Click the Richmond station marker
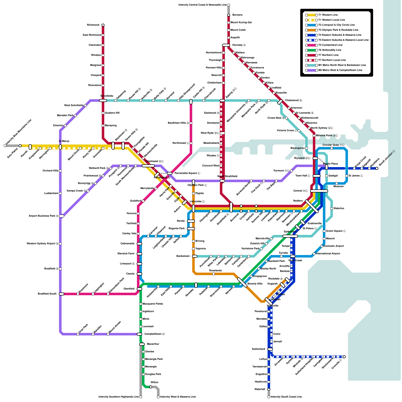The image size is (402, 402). [103, 25]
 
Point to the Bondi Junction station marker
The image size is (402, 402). [377, 168]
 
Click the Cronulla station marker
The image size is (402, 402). [344, 357]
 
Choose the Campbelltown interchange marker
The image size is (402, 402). [139, 334]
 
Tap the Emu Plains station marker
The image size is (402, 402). [20, 146]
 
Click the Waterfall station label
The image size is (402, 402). [260, 389]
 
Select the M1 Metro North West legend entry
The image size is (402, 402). [342, 65]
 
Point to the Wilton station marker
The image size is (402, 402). [151, 387]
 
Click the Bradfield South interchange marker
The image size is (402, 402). [62, 294]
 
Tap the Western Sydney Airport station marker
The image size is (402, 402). [60, 244]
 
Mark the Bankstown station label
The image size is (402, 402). [183, 256]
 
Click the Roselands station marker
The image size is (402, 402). [214, 274]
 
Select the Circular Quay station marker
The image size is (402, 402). [332, 148]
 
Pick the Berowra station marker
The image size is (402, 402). [229, 15]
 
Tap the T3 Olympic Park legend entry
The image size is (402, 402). [338, 30]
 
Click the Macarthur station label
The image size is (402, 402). [153, 344]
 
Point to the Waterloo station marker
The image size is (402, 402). [332, 209]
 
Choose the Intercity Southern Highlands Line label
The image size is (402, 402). [119, 397]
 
